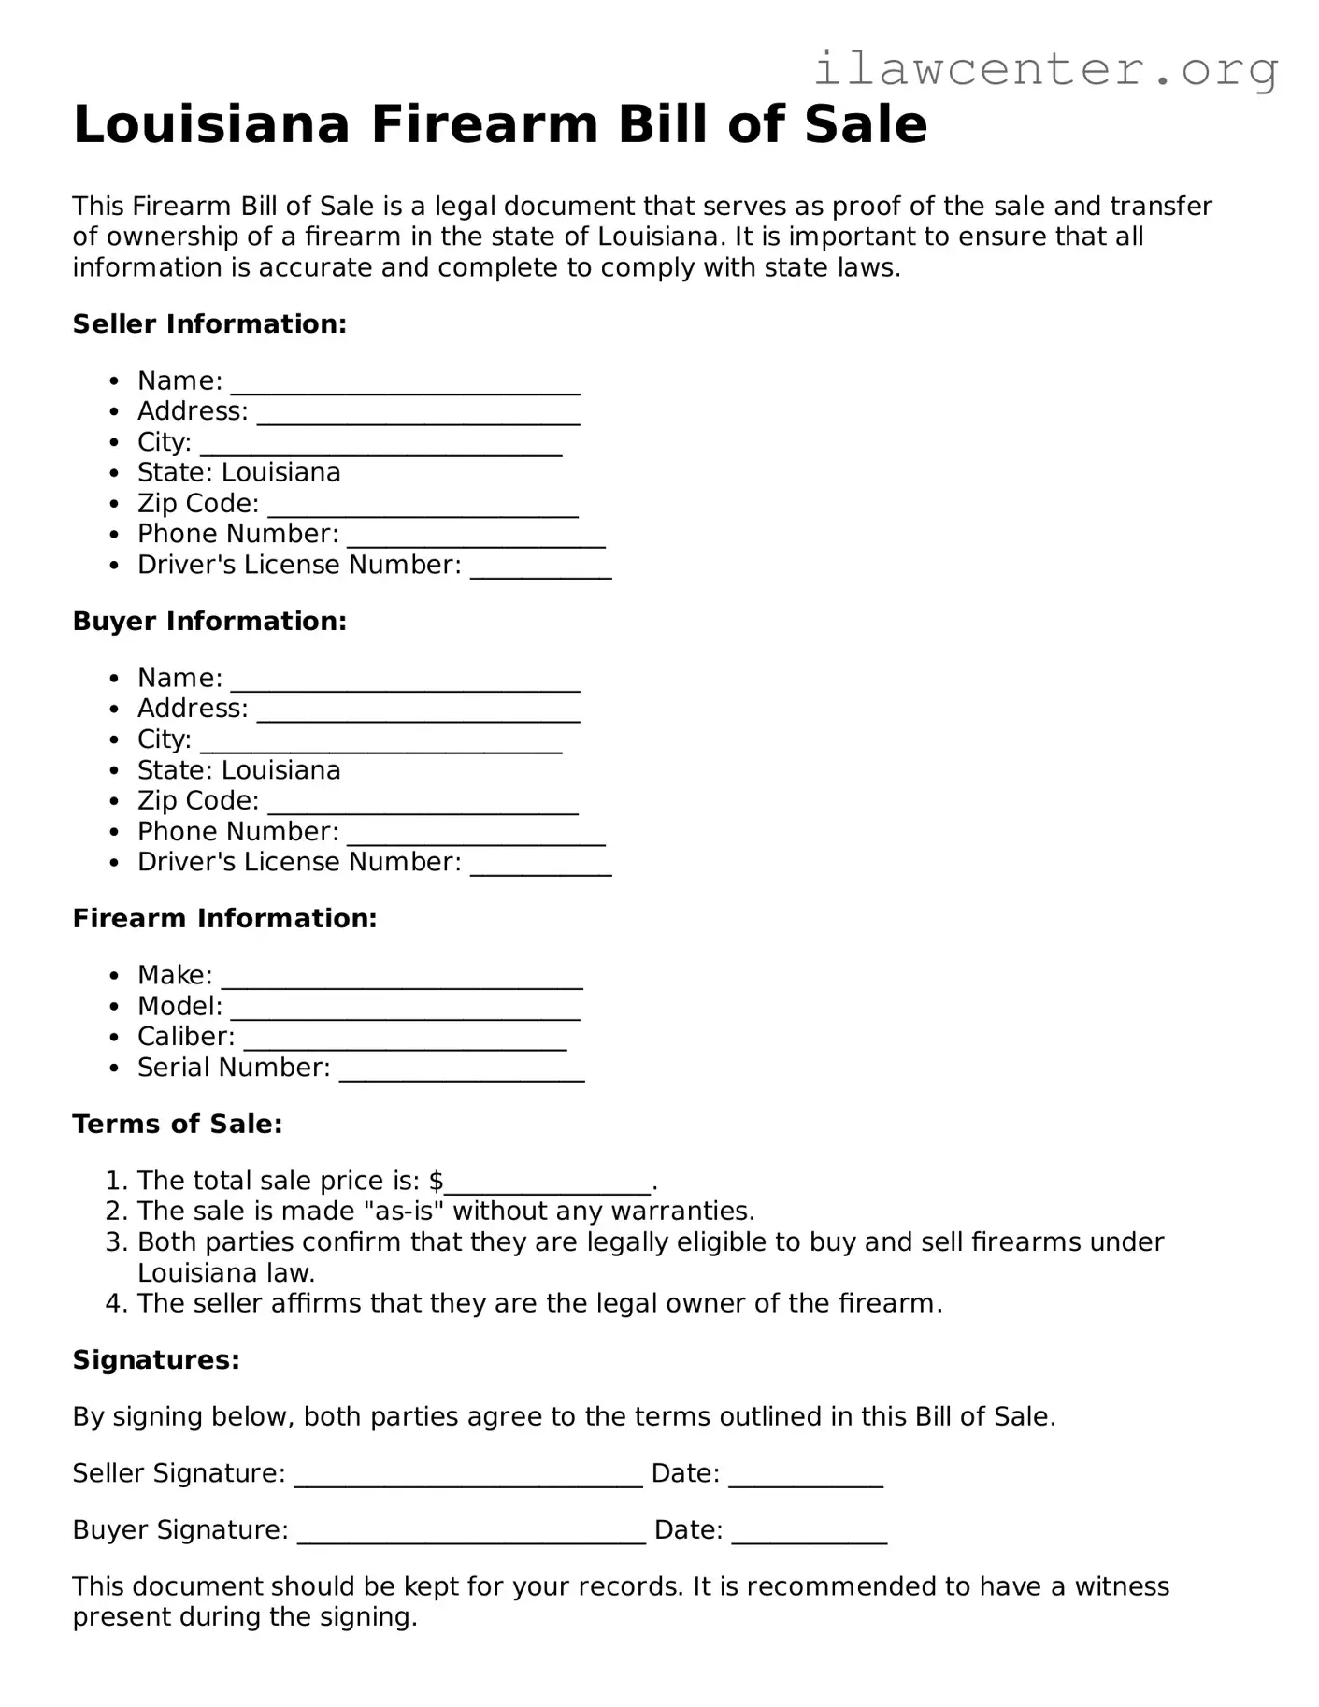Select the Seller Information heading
tap(209, 324)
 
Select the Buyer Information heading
tap(209, 622)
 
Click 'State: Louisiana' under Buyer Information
tap(238, 770)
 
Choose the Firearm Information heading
tap(224, 919)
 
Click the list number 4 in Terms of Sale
tap(114, 1304)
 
